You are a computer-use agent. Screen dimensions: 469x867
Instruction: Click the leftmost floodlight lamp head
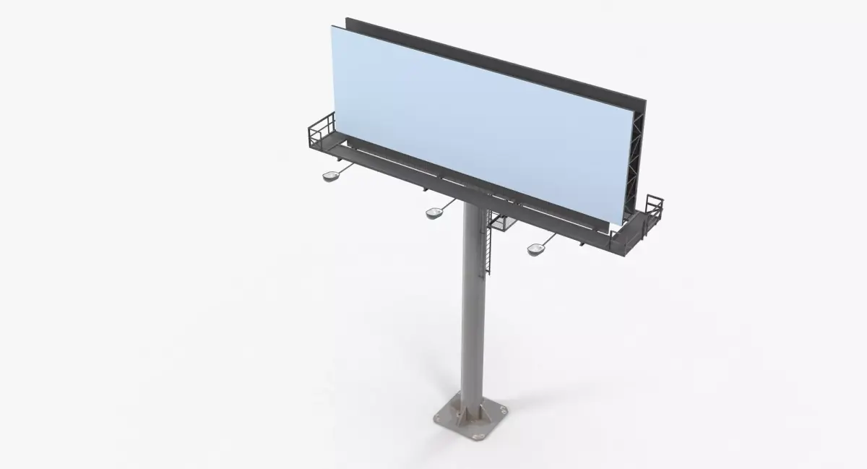[x=332, y=176]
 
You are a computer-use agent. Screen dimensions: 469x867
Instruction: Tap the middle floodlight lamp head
[x=434, y=212]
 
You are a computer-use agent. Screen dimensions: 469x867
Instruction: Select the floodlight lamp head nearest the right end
[x=535, y=249]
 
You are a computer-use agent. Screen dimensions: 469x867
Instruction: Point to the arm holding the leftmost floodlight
[x=345, y=168]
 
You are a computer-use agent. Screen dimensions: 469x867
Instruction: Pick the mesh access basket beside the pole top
[x=500, y=220]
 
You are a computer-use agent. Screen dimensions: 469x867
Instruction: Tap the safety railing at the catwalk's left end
[x=321, y=131]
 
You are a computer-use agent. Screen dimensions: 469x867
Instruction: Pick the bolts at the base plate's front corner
[x=474, y=436]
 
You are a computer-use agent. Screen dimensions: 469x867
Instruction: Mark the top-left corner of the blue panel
[x=333, y=26]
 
